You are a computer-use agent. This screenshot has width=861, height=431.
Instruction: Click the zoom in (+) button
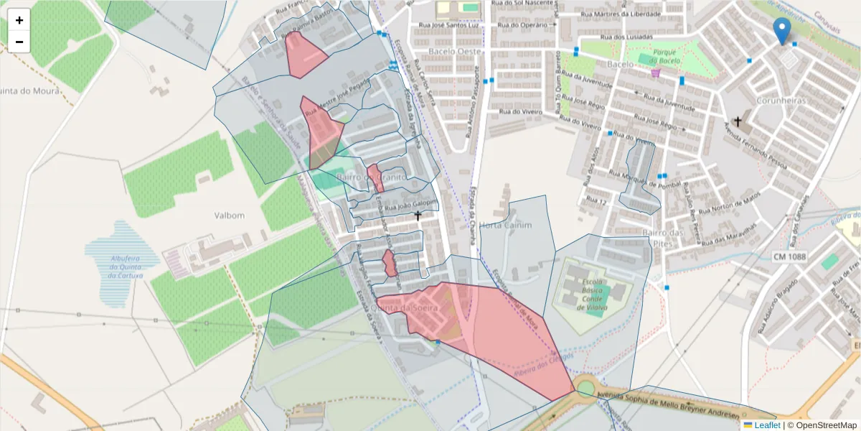(x=19, y=20)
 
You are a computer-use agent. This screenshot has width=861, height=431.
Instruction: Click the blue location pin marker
(x=782, y=30)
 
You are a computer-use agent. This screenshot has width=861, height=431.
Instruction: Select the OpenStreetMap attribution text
(x=822, y=425)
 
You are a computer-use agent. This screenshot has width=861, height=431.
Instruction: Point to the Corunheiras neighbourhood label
(x=781, y=101)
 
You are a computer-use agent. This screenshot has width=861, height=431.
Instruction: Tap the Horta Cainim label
(x=506, y=225)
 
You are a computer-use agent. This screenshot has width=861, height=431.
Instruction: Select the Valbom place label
(x=230, y=215)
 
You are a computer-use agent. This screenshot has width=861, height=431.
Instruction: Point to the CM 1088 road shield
(x=790, y=256)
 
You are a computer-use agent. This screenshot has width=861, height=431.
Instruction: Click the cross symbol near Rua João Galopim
(x=418, y=215)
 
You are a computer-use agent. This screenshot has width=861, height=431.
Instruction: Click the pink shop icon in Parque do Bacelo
(x=654, y=72)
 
